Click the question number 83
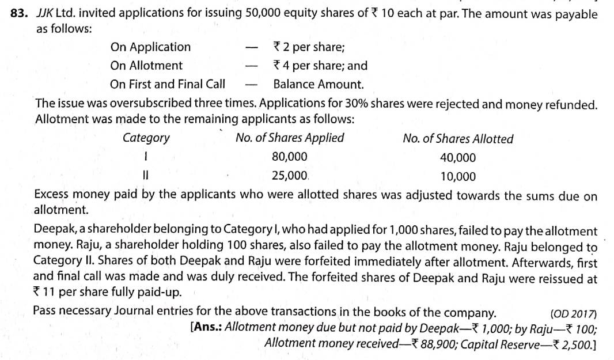point(20,14)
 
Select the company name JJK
point(44,14)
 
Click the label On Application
point(150,47)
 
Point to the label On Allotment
point(146,65)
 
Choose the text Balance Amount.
point(319,84)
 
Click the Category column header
point(146,138)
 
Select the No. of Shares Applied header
point(290,138)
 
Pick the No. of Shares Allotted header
point(458,139)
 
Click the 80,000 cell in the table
point(289,157)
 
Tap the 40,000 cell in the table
point(458,157)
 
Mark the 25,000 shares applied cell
point(289,175)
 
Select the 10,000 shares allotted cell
point(458,176)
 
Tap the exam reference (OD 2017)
point(574,314)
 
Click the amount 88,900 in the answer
point(438,344)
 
